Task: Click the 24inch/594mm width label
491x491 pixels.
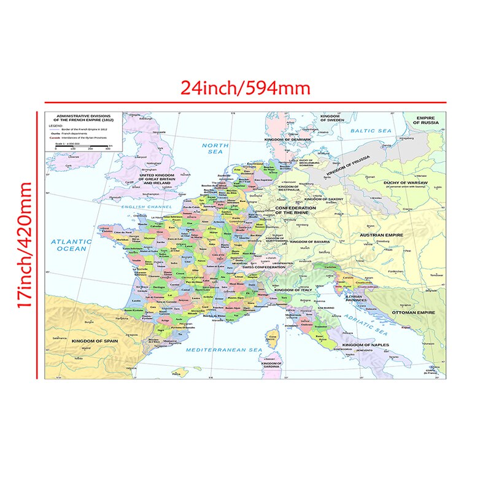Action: (x=245, y=88)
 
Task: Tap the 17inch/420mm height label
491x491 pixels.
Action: (x=25, y=245)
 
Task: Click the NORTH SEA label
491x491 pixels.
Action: (x=215, y=149)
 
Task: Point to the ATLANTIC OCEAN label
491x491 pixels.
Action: (x=71, y=245)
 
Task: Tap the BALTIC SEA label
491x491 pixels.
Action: (x=371, y=131)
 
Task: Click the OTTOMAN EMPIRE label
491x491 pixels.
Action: (x=417, y=313)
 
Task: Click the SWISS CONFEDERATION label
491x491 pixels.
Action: (x=264, y=268)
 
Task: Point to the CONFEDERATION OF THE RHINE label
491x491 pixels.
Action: (x=295, y=210)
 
